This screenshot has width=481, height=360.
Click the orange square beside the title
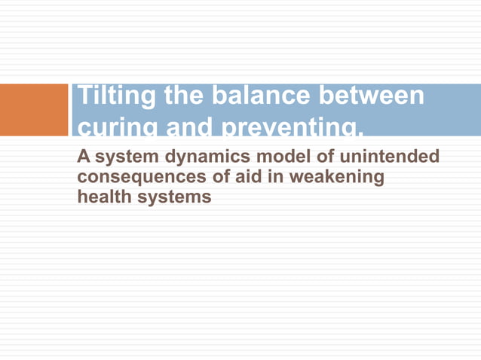[34, 110]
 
